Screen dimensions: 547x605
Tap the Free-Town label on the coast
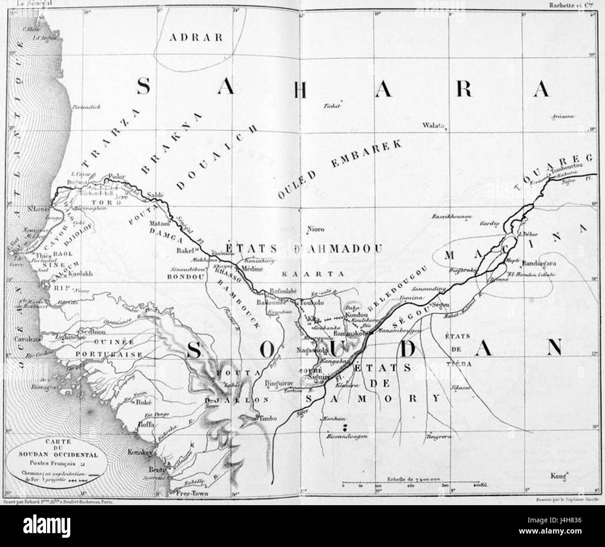click(x=192, y=494)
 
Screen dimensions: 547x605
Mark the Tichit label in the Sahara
click(x=333, y=105)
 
